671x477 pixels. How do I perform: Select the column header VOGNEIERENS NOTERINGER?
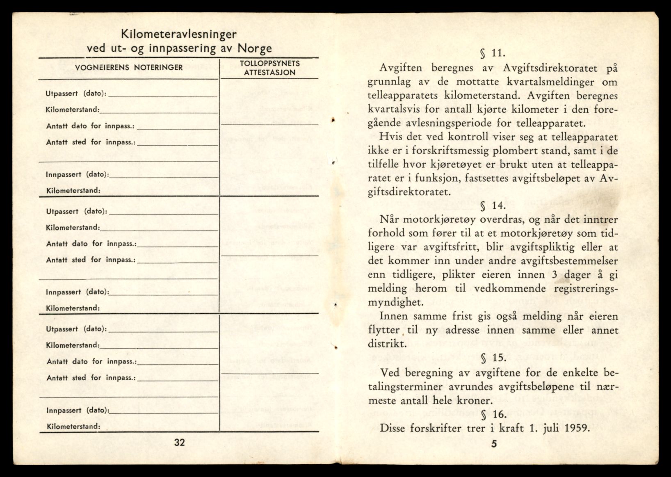[x=129, y=67]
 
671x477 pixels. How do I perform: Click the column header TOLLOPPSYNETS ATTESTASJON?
[x=269, y=68]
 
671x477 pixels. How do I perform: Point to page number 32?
[x=180, y=442]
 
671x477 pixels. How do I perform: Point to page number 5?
[x=494, y=443]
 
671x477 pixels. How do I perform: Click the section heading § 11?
[x=493, y=53]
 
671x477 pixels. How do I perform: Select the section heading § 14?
[x=493, y=205]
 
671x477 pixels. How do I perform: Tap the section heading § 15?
[x=493, y=358]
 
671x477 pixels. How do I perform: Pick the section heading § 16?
[x=493, y=414]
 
